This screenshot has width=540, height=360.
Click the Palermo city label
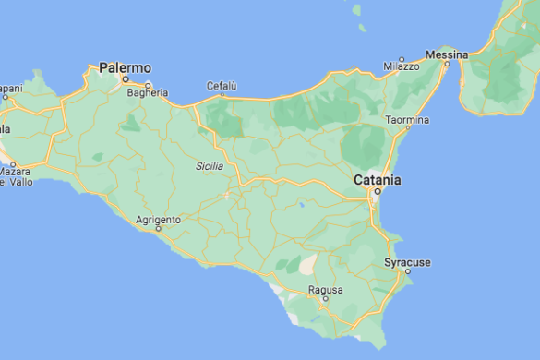pos(125,67)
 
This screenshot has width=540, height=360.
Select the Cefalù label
pos(222,86)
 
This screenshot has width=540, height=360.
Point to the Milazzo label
pos(402,66)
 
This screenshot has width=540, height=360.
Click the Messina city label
pos(446,54)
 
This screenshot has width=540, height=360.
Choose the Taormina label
pos(407,120)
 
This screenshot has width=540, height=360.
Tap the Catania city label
pos(378,179)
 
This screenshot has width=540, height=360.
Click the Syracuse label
pos(407,263)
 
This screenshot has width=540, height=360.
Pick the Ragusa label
pos(325,290)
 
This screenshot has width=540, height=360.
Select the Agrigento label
pos(158,220)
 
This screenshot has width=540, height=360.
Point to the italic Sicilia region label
pos(210,166)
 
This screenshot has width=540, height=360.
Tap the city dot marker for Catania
pos(377,192)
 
